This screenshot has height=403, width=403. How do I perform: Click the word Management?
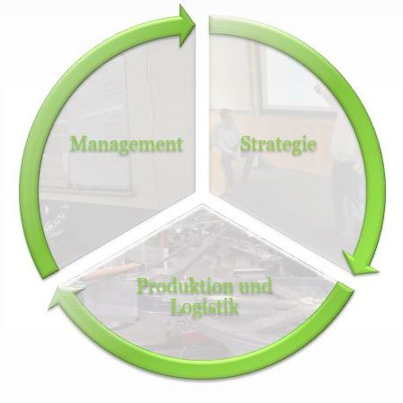point(127,145)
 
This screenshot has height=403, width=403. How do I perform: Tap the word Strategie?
point(278,145)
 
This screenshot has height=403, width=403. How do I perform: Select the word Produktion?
point(185,287)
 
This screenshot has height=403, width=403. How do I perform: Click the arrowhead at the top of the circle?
point(187,25)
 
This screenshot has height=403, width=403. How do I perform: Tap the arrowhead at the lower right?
point(360,264)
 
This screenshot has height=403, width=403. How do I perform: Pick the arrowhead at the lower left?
point(65,297)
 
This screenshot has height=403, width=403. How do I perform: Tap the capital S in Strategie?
point(246,144)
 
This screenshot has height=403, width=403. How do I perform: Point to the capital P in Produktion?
point(143,285)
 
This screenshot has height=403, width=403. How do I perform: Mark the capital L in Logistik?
point(176,307)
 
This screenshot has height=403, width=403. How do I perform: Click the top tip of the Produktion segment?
point(202,204)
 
